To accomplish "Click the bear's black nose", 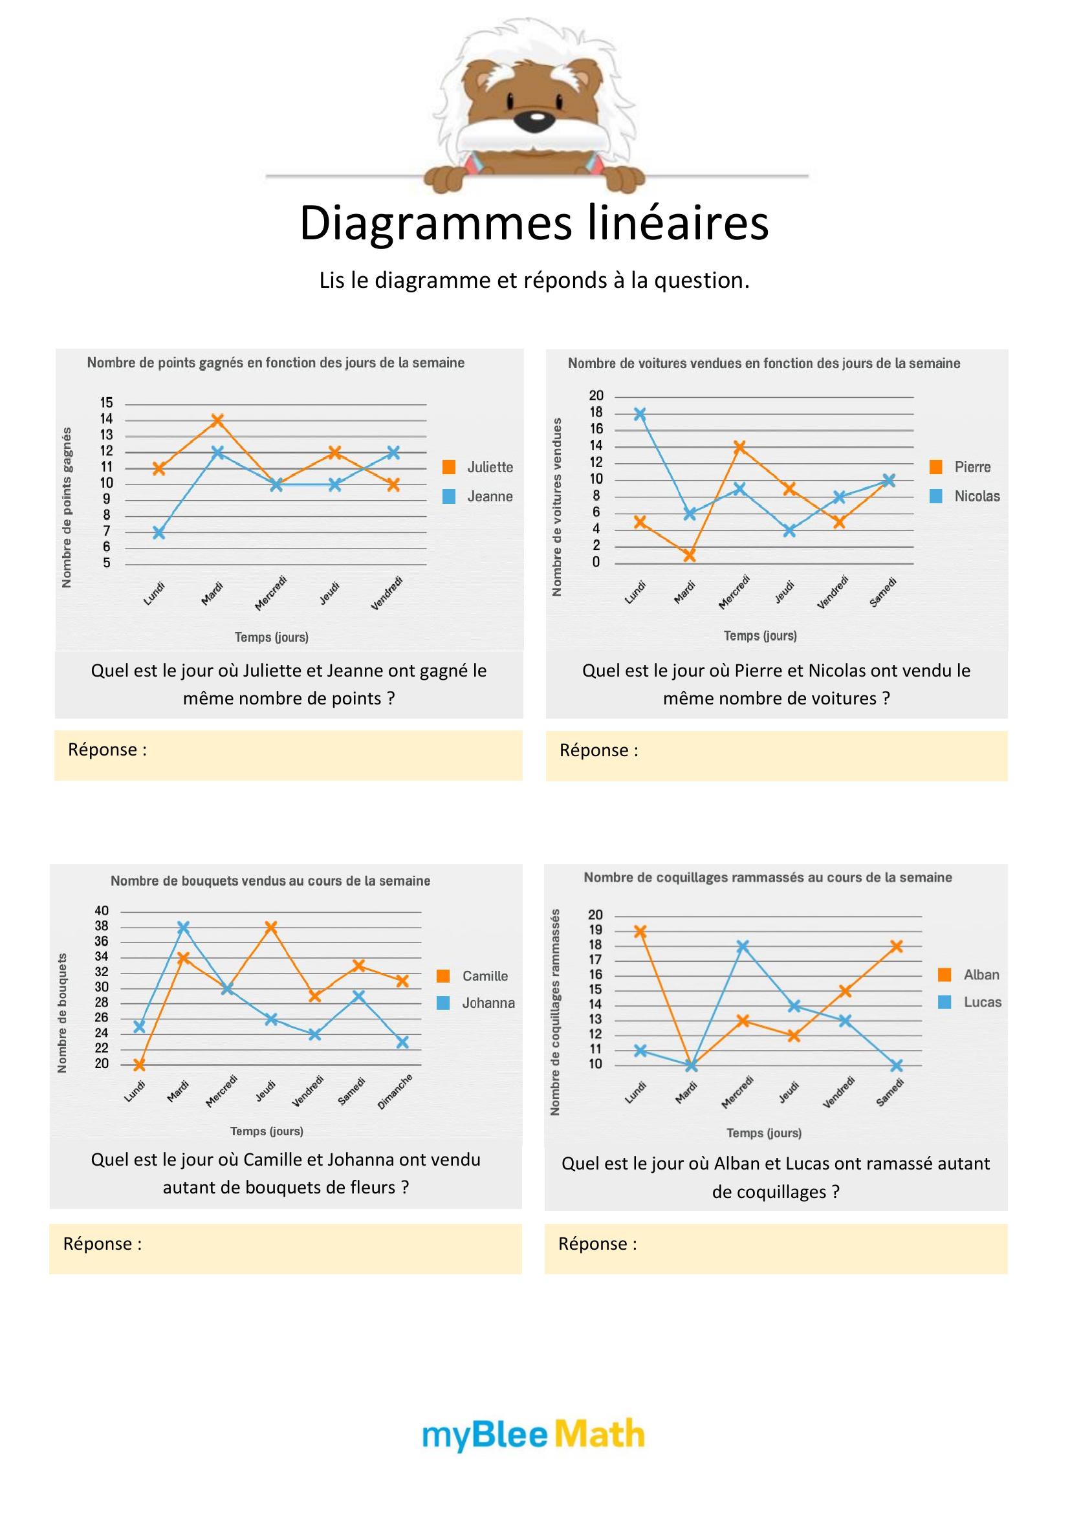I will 537,120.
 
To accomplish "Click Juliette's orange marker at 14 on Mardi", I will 217,420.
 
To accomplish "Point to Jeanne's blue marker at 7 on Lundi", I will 158,533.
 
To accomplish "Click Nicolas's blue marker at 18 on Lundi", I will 640,414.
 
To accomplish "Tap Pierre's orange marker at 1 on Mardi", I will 690,556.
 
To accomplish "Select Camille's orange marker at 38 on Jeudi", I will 270,927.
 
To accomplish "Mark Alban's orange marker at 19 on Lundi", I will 640,931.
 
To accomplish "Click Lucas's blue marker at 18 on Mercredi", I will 743,946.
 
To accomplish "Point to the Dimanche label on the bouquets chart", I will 395,1091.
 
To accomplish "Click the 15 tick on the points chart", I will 107,402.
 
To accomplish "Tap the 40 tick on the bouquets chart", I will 102,911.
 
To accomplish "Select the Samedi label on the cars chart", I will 883,592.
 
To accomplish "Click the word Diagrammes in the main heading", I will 435,223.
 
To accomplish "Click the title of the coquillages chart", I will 768,877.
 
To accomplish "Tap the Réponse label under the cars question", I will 598,750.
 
